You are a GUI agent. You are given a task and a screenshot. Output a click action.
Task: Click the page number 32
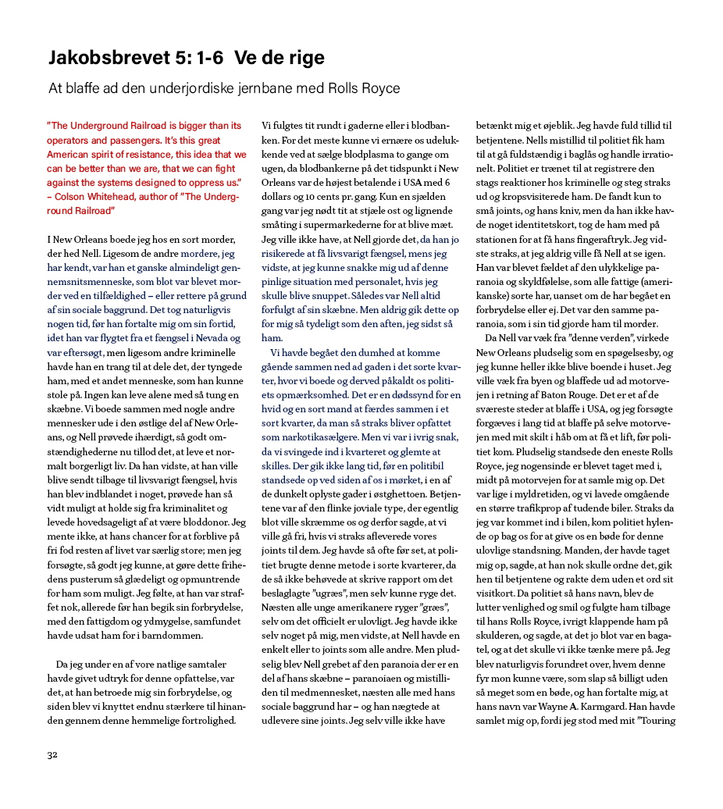point(52,754)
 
